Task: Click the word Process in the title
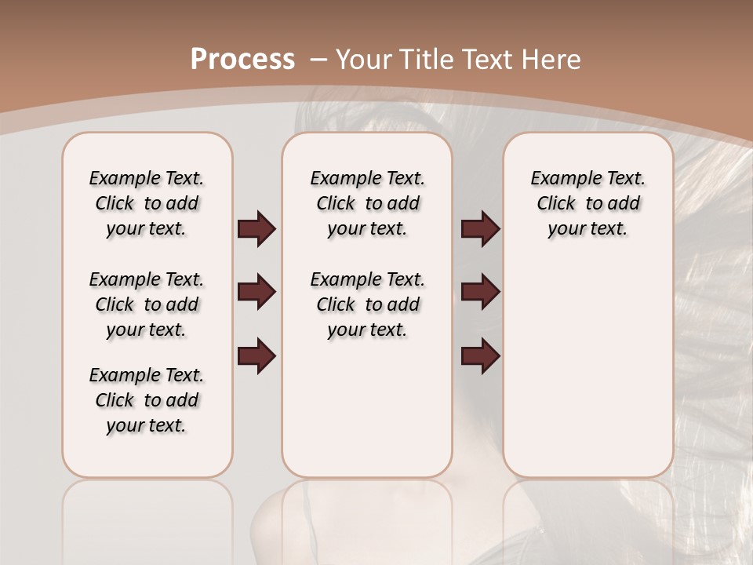tap(242, 60)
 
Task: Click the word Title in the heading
tap(424, 60)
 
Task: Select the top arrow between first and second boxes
tap(256, 228)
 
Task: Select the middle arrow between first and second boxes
tap(256, 292)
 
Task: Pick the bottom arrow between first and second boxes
tap(256, 355)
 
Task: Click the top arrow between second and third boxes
tap(480, 228)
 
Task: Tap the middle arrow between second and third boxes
tap(480, 292)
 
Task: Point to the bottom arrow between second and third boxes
tap(480, 355)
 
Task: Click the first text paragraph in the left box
tap(147, 203)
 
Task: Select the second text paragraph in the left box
tap(147, 304)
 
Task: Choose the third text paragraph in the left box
tap(147, 400)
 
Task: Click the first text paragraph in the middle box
tap(367, 203)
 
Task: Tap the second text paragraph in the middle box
tap(367, 304)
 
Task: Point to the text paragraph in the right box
tap(588, 203)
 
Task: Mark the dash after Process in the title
tap(318, 60)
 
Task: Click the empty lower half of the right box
tap(588, 377)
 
